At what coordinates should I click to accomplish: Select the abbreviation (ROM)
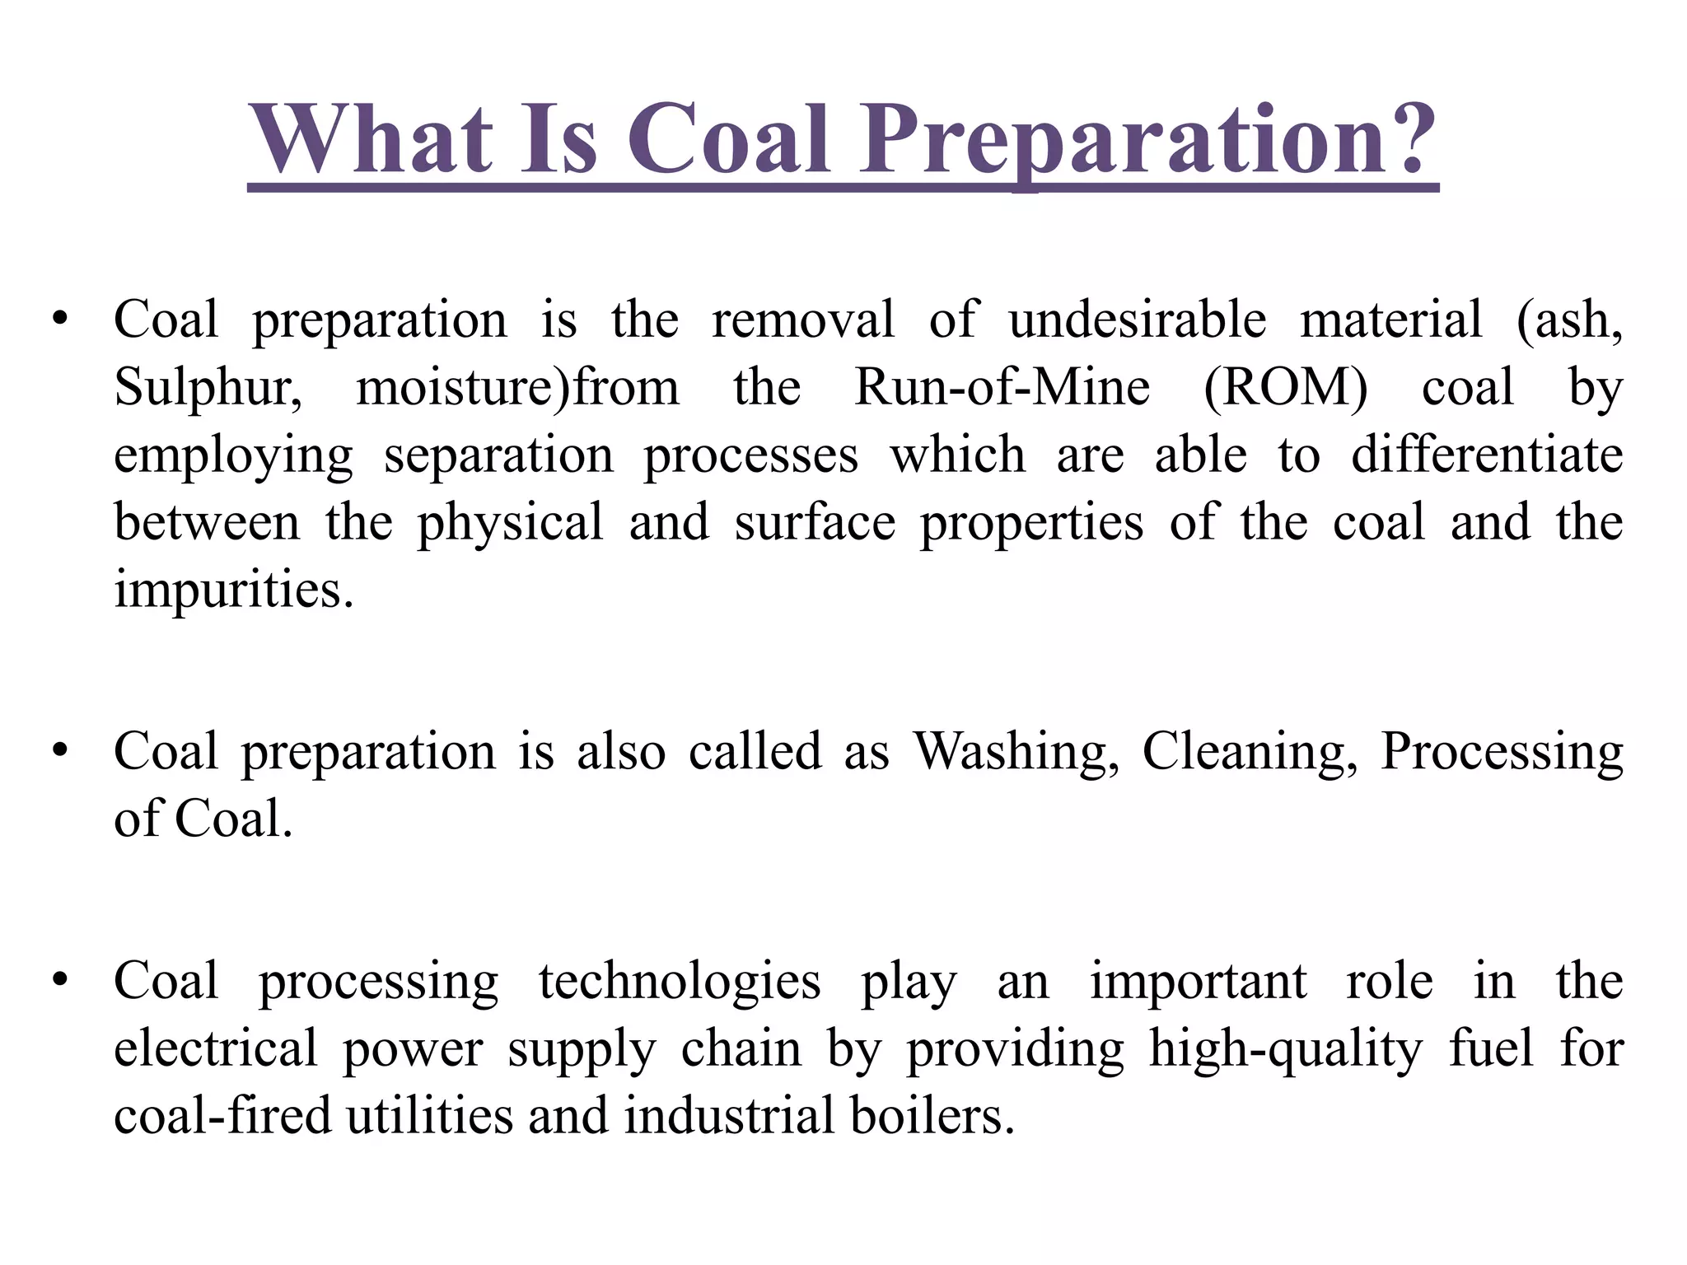coord(1285,387)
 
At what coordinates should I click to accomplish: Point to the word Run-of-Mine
coord(1002,387)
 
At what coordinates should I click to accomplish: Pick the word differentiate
coord(1487,455)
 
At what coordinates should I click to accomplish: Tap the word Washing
coord(1016,752)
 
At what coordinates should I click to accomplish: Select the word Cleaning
coord(1249,752)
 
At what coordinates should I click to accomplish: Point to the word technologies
coord(680,983)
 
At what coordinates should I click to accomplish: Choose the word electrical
coord(215,1048)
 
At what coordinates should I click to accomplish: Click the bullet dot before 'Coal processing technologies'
coord(58,980)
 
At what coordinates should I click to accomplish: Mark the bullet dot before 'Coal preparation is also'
coord(58,750)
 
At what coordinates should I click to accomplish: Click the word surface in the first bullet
coord(815,522)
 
